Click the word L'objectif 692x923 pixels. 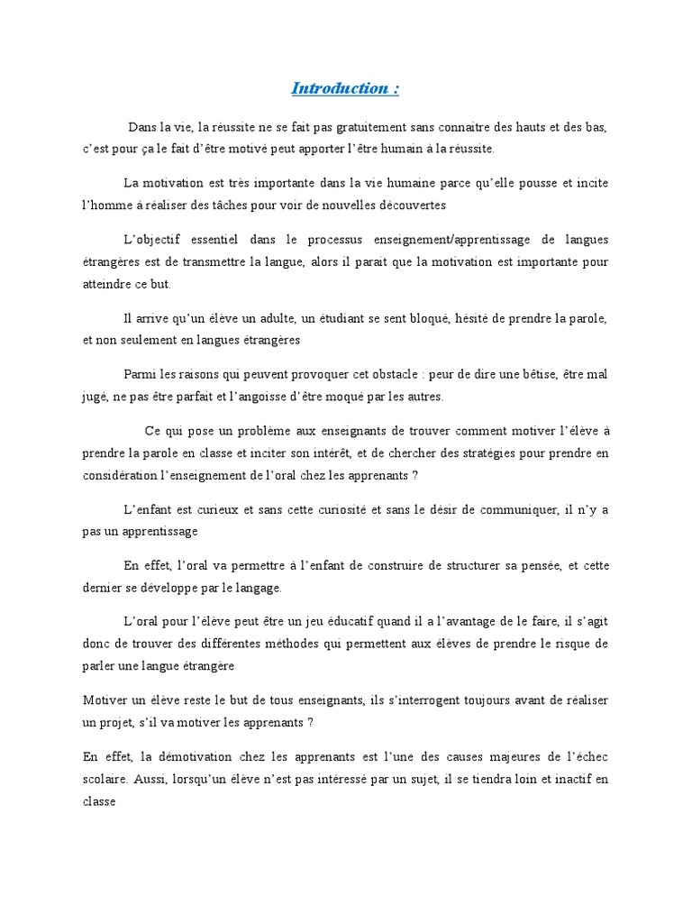pos(151,240)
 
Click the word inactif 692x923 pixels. pos(569,778)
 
